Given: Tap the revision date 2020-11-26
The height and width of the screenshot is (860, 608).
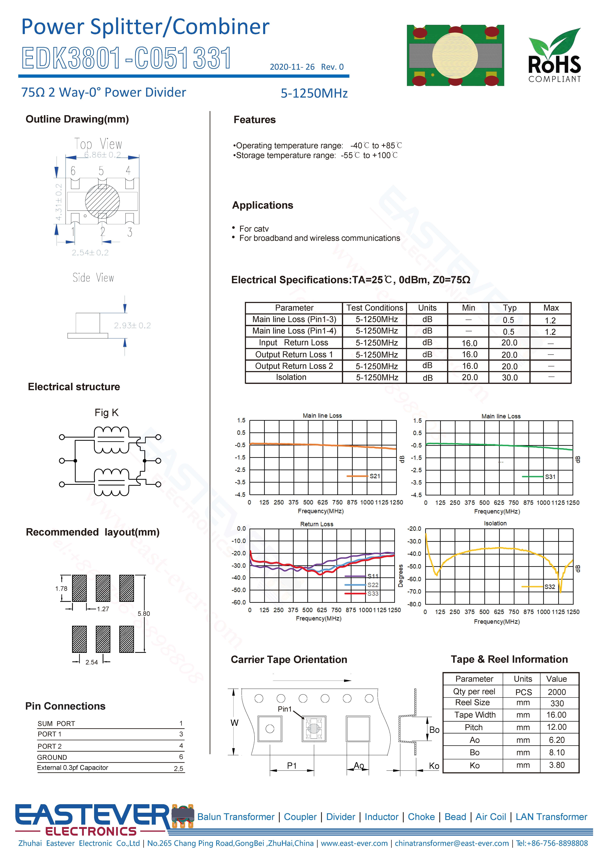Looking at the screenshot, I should [x=292, y=67].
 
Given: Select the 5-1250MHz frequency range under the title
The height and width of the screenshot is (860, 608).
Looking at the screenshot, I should [x=314, y=93].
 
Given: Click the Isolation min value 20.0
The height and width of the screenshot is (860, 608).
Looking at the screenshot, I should [x=469, y=378].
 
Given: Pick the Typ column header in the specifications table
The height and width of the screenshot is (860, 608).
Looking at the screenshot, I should [x=510, y=308].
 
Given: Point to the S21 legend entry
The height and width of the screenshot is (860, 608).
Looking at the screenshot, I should [x=374, y=476].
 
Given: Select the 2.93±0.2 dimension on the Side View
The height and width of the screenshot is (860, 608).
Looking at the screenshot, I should [x=132, y=326].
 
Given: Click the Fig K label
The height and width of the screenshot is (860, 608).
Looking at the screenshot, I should [x=106, y=413].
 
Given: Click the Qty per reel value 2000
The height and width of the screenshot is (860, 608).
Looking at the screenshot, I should [x=557, y=692].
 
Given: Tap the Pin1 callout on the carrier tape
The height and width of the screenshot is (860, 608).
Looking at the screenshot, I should [x=285, y=709].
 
